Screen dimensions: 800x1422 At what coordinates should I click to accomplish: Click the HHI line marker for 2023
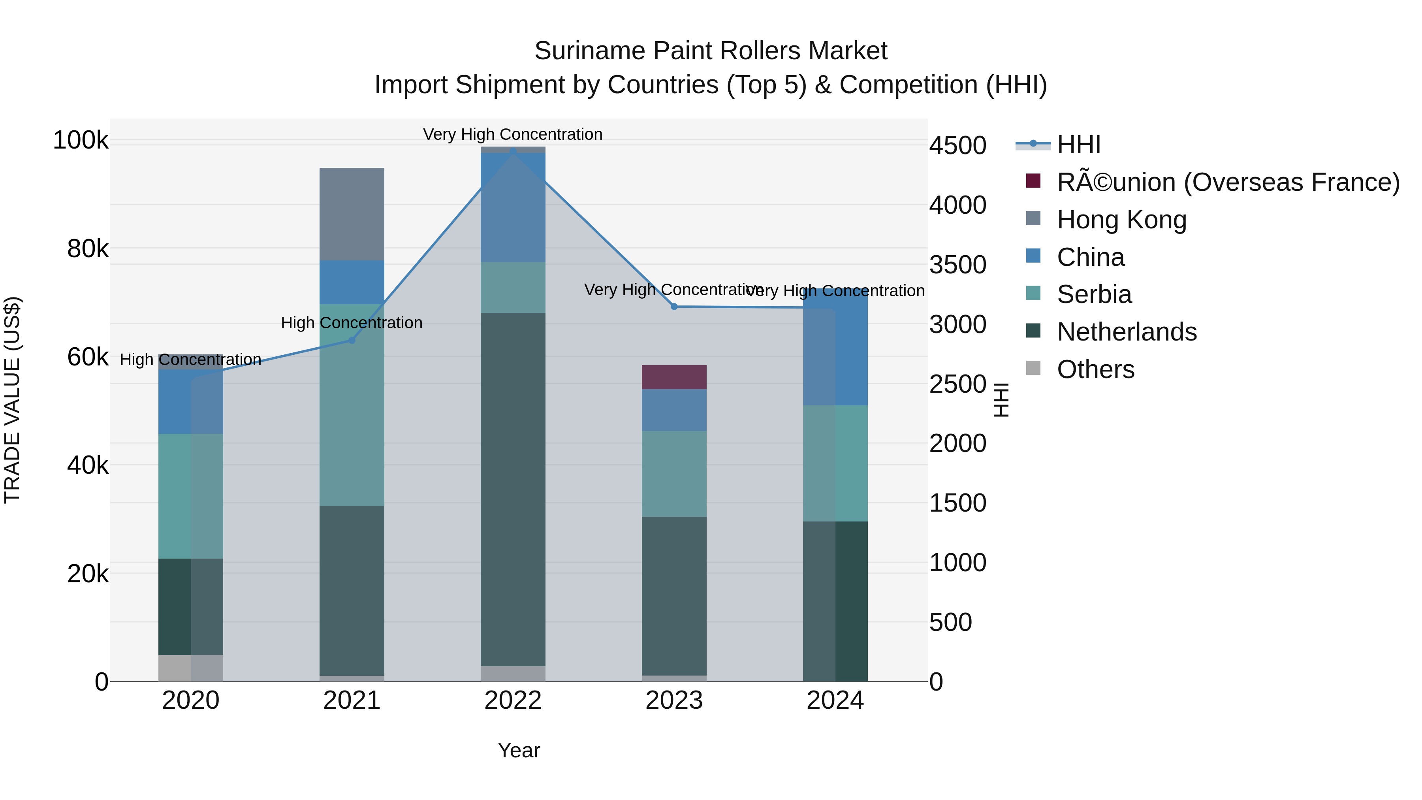tap(674, 307)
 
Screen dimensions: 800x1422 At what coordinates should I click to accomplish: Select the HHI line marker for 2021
tap(352, 340)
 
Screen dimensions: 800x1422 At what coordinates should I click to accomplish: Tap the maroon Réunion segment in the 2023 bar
tap(674, 377)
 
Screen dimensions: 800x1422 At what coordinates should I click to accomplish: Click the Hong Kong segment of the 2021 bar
tap(352, 214)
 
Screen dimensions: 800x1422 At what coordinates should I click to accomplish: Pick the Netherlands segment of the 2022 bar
tap(513, 489)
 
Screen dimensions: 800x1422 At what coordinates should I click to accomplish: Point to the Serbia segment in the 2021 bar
tap(352, 404)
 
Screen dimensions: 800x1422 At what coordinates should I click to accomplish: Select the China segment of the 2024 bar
tap(835, 348)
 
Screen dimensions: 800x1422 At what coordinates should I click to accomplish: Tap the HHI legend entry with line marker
tap(1078, 145)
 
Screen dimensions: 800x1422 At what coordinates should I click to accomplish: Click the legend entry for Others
tap(1095, 369)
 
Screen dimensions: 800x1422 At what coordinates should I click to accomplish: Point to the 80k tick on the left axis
tap(88, 249)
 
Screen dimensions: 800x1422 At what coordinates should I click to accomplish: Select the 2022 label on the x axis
tap(513, 700)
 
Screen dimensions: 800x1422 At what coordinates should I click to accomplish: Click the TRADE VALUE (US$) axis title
tap(12, 400)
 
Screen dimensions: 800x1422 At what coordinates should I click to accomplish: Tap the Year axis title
tap(518, 750)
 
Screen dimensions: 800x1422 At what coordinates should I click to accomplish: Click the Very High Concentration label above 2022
tap(513, 134)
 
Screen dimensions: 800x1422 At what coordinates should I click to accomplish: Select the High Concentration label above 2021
tap(352, 322)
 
